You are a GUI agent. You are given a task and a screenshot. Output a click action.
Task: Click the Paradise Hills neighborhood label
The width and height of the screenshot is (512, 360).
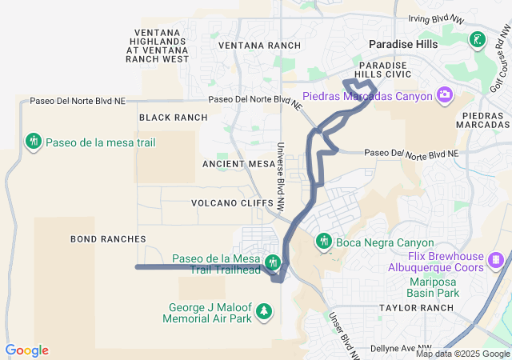pyautogui.click(x=402, y=44)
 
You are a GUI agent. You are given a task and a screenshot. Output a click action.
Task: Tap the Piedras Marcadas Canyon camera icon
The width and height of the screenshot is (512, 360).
pyautogui.click(x=444, y=96)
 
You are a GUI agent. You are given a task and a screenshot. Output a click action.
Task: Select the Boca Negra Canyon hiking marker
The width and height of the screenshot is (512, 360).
pyautogui.click(x=324, y=241)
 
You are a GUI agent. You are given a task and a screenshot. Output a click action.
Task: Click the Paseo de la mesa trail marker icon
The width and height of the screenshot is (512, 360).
pyautogui.click(x=33, y=142)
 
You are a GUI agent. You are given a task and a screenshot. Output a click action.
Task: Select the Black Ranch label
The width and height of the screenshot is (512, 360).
pyautogui.click(x=173, y=118)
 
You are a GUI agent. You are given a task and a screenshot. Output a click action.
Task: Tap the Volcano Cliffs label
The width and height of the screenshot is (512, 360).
pyautogui.click(x=226, y=203)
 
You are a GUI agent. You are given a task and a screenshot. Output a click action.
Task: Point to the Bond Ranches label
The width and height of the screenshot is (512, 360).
pyautogui.click(x=108, y=239)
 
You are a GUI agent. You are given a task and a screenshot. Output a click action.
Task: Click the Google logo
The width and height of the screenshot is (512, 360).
pyautogui.click(x=26, y=350)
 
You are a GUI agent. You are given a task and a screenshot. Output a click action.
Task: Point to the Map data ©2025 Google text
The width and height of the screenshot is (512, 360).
pyautogui.click(x=462, y=354)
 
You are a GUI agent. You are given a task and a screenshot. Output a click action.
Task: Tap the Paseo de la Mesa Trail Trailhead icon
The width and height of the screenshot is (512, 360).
pyautogui.click(x=272, y=262)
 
